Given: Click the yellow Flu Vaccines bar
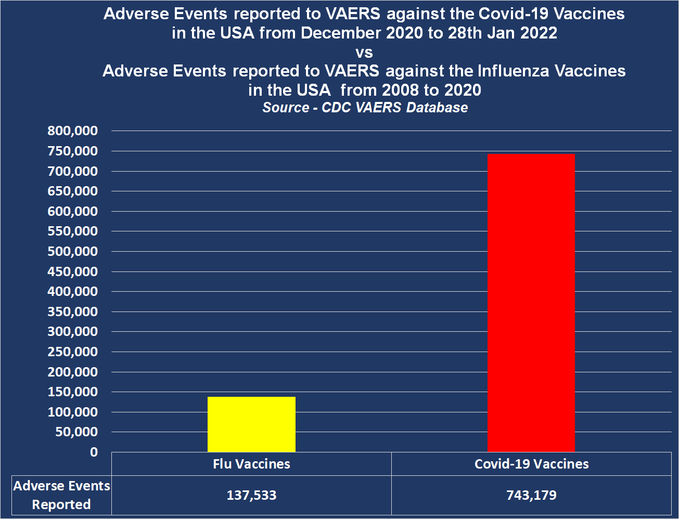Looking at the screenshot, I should click(251, 424).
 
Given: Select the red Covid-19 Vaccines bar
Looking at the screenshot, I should click(531, 303).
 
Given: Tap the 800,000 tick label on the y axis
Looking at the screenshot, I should click(73, 131).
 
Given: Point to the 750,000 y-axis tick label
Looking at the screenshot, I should click(73, 151).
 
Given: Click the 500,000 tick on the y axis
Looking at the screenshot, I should click(73, 252).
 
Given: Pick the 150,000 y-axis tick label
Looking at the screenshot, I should click(73, 392).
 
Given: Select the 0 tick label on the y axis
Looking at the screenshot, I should click(94, 452).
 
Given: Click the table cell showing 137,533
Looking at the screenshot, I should click(251, 495).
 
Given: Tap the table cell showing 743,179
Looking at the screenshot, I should click(531, 495).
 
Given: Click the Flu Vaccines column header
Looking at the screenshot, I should click(251, 464).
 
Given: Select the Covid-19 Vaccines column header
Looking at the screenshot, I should click(531, 464).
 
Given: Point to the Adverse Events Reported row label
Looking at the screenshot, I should click(61, 495).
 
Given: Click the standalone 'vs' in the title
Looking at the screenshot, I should click(364, 53).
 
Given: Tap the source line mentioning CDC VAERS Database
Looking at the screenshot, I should click(365, 108).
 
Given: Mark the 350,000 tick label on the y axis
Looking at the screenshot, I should click(73, 312).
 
